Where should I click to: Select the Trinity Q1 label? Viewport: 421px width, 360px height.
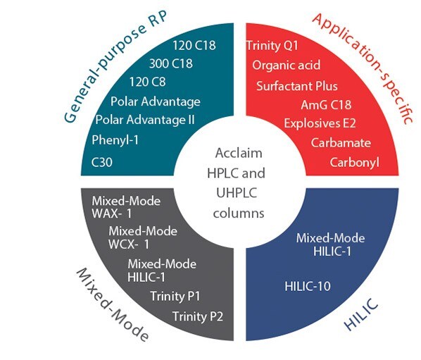point(273,46)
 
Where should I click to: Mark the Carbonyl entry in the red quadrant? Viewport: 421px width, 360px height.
point(355,163)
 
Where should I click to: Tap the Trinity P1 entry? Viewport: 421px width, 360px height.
point(176,295)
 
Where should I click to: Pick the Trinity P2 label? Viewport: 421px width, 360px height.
point(198,315)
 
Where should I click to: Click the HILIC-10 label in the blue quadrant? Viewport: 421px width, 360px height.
point(308,286)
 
